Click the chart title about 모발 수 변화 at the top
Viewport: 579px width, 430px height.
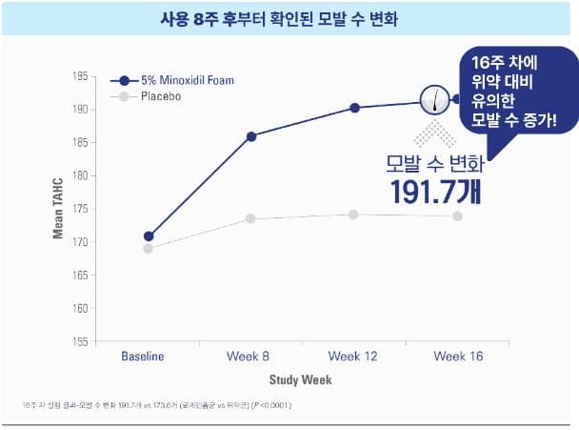[289, 18]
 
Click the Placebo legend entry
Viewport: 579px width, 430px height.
[161, 96]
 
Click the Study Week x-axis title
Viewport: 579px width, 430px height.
[299, 379]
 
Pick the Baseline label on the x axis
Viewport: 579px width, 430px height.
[143, 357]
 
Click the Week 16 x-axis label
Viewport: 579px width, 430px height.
[458, 357]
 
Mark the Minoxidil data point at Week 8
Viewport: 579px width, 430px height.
[251, 136]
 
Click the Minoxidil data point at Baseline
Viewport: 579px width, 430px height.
[149, 236]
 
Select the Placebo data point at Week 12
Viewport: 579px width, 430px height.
[354, 215]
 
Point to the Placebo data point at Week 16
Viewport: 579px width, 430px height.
[458, 216]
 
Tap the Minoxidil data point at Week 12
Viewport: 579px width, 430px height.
[354, 108]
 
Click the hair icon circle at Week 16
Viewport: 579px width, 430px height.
[440, 99]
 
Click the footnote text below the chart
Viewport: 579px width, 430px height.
[157, 406]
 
